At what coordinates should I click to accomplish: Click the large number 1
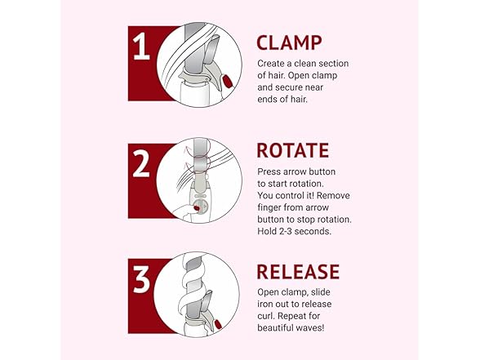pyautogui.click(x=141, y=47)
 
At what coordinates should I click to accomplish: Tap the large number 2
pyautogui.click(x=141, y=164)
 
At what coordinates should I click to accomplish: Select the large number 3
pyautogui.click(x=141, y=279)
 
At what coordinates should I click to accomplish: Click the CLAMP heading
pyautogui.click(x=289, y=42)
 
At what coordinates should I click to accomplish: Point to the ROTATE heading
pyautogui.click(x=292, y=150)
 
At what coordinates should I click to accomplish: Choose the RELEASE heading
pyautogui.click(x=298, y=272)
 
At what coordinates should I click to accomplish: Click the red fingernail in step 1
pyautogui.click(x=227, y=81)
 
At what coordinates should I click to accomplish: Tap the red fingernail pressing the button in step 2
pyautogui.click(x=197, y=208)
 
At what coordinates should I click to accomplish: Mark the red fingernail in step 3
pyautogui.click(x=218, y=323)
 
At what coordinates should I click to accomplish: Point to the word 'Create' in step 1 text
pyautogui.click(x=271, y=64)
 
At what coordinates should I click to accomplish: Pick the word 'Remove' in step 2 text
pyautogui.click(x=336, y=195)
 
